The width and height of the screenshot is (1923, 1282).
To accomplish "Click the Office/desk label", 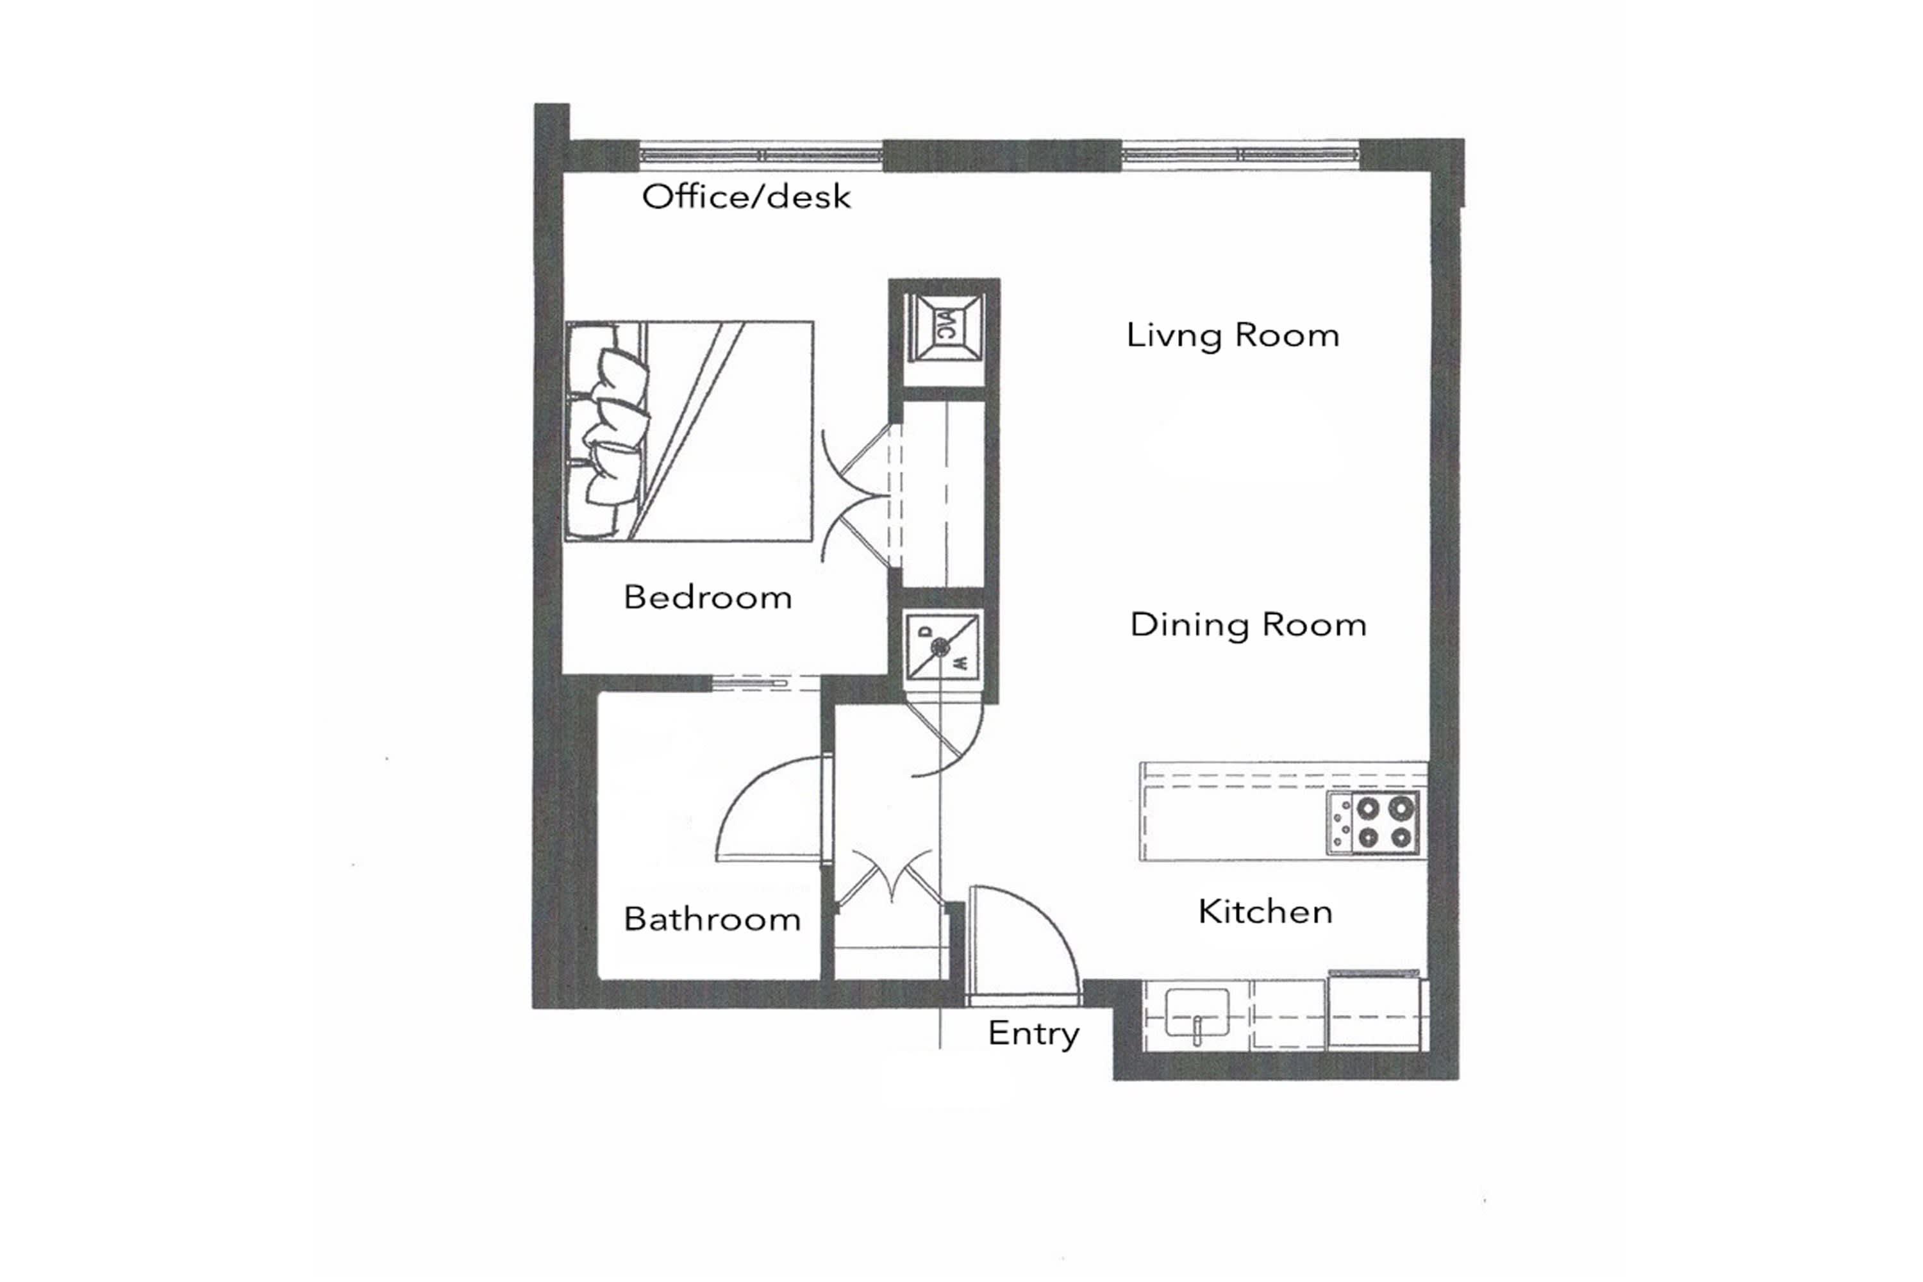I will coord(745,197).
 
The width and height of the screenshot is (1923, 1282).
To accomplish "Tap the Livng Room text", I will coord(1232,335).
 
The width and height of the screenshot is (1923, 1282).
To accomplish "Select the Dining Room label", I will coord(1247,624).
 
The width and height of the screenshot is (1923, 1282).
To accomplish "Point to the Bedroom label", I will coord(707,597).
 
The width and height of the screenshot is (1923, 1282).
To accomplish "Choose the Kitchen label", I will coord(1265,912).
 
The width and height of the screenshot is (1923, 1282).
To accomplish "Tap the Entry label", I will coord(1033,1033).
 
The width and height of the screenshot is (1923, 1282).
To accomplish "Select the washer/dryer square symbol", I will coord(941,647).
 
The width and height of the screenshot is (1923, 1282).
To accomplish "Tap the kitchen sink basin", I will coord(1197,1013).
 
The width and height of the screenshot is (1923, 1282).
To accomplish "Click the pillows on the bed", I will coord(613,431).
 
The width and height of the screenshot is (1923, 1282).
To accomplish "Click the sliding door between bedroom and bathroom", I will coord(765,683).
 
